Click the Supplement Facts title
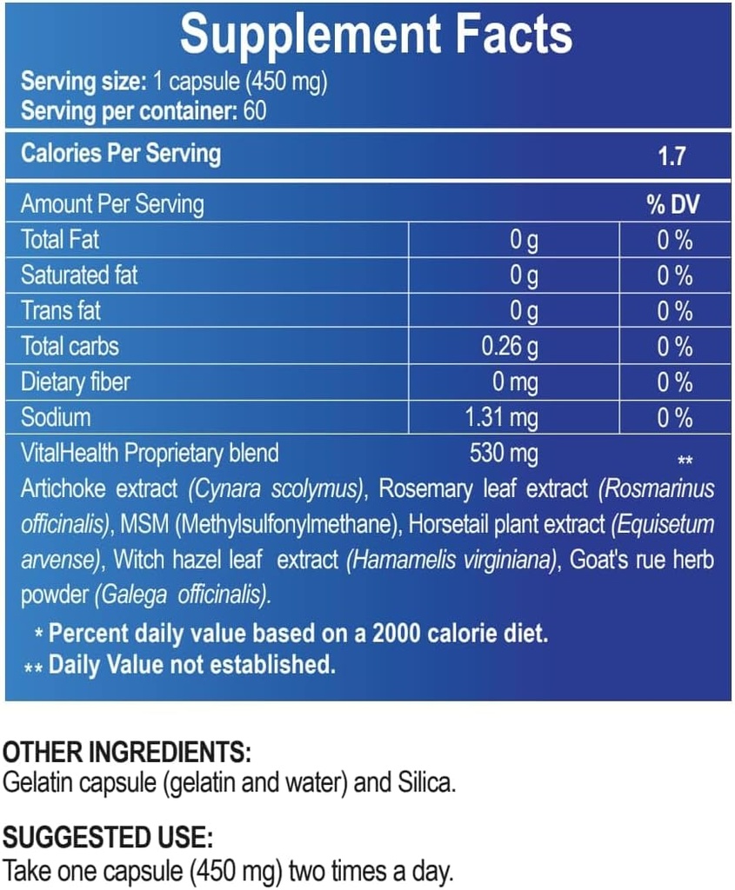coord(376,35)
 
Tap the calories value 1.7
coord(672,156)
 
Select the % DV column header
coord(673,205)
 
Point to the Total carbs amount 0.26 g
coord(510,347)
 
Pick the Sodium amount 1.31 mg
coord(503,418)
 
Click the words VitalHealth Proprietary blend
coord(150,453)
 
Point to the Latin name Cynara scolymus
coord(276,489)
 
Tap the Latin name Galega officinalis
coord(182,596)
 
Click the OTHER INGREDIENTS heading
coord(127,753)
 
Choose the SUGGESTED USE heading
coord(108,839)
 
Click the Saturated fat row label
coord(79,276)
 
